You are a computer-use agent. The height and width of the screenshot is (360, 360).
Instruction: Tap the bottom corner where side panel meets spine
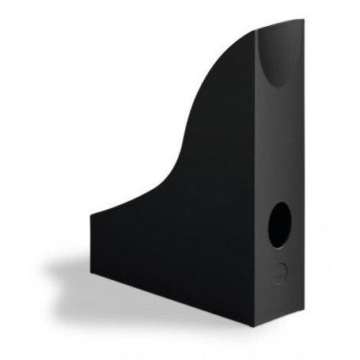pyautogui.click(x=255, y=328)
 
